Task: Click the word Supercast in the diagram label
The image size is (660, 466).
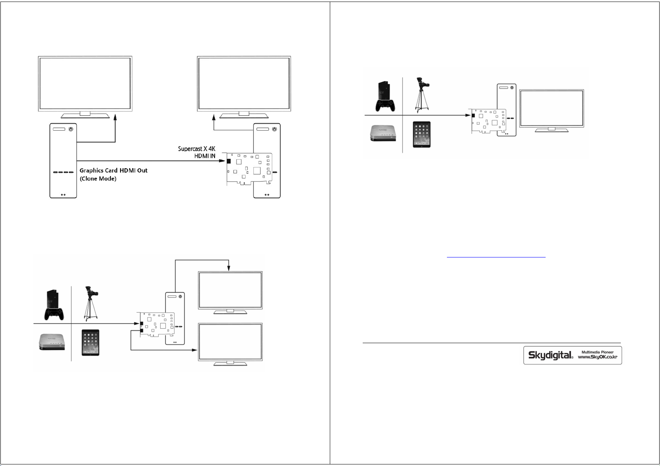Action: point(190,149)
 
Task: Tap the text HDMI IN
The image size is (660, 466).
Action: point(205,156)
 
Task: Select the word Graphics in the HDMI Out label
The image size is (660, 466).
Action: point(91,171)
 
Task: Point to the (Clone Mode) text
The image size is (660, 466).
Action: point(98,179)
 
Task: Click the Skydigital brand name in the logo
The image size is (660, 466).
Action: point(550,355)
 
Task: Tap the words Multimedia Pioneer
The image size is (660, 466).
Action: point(598,352)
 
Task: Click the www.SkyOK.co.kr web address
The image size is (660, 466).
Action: point(598,357)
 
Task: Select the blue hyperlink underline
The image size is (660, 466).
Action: point(496,257)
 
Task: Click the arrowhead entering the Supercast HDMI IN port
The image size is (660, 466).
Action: point(222,161)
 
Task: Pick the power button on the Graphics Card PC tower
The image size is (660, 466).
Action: point(71,129)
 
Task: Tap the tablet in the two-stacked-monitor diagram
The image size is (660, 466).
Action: point(90,342)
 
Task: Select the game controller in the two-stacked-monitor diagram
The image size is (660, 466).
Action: point(54,314)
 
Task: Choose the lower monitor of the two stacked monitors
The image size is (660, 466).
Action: point(230,344)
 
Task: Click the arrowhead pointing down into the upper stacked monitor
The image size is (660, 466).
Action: point(229,268)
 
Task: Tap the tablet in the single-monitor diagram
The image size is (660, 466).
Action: point(421,134)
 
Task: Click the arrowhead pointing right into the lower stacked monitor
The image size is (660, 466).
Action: point(194,350)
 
